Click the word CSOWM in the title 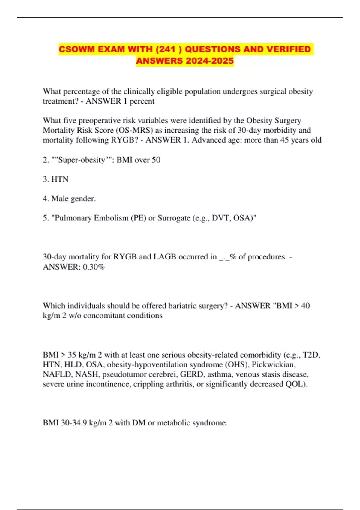pos(76,49)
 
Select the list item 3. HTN pos(56,179)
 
